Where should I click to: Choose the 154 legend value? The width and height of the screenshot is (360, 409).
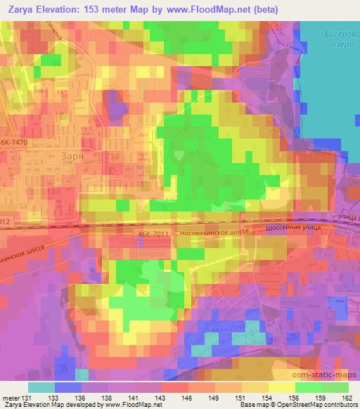[x=267, y=397]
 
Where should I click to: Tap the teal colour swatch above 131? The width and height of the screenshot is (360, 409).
[x=41, y=387]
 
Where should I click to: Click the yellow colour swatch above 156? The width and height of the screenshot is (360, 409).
[x=282, y=387]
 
